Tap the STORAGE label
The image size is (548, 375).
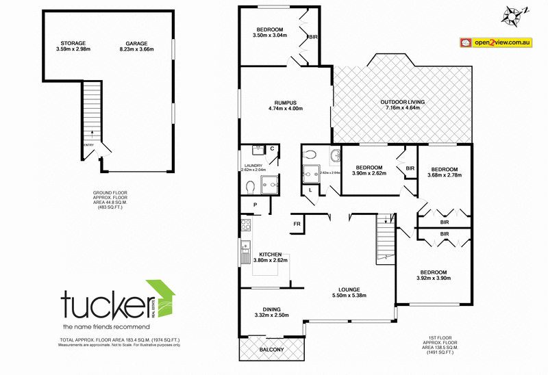[73, 42]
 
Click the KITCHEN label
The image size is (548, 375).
[270, 254]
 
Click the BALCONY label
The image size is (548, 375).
[272, 351]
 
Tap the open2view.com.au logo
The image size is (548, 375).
[496, 42]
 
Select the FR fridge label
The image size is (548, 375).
[298, 224]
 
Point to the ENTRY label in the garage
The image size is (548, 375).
[88, 145]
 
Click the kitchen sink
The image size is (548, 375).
[244, 254]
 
